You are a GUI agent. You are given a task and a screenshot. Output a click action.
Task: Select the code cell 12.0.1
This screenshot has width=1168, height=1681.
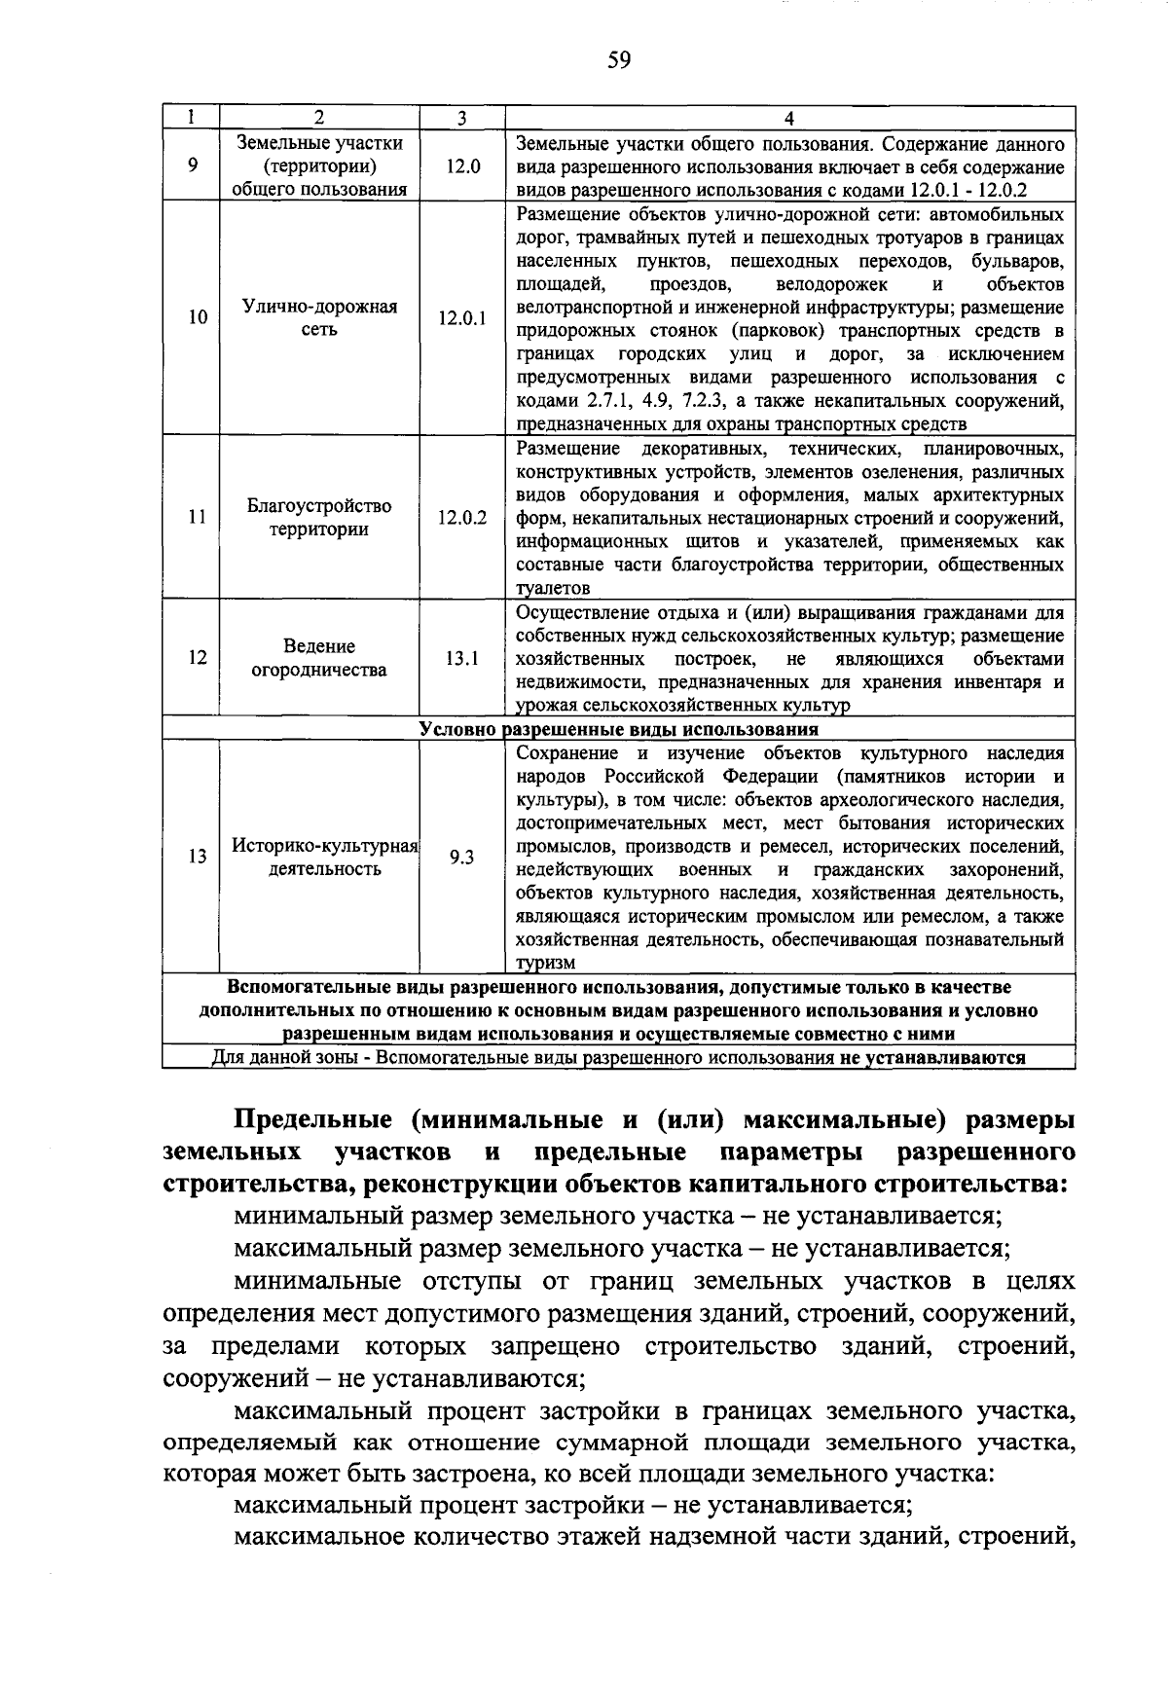[x=462, y=318]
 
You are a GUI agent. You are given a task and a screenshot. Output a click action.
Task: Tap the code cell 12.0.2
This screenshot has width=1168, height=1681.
[x=462, y=517]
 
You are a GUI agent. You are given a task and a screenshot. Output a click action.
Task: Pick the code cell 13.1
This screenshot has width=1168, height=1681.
[x=462, y=658]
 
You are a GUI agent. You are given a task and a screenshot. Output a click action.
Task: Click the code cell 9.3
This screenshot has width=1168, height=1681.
[x=462, y=857]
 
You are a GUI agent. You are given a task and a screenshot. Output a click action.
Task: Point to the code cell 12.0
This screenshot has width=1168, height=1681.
[x=462, y=166]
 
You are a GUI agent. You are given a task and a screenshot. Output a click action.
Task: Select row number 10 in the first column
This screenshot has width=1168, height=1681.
[x=198, y=318]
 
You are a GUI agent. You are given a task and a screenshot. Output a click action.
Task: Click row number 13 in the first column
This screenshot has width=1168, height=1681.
[x=198, y=857]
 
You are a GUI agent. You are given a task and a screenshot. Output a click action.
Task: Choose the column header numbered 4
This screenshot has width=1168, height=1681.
[x=789, y=118]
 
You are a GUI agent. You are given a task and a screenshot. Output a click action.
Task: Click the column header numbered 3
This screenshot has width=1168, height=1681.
[x=462, y=118]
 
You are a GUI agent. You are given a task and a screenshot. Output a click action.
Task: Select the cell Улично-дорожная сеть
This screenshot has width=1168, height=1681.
[x=319, y=318]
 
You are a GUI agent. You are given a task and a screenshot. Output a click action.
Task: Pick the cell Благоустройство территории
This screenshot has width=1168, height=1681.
[x=319, y=517]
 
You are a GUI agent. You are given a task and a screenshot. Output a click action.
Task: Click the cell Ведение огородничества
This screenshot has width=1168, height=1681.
[x=319, y=658]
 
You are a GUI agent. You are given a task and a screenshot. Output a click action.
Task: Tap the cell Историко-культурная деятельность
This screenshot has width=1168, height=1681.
[x=324, y=857]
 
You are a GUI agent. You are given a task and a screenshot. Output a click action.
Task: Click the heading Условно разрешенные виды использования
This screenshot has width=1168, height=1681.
[x=619, y=729]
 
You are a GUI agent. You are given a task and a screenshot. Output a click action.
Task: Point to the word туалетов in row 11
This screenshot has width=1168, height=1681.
[x=553, y=588]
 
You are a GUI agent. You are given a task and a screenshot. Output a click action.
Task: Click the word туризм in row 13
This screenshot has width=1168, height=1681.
[x=546, y=963]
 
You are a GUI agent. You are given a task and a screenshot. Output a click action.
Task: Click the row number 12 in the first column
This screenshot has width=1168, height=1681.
[x=198, y=658]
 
